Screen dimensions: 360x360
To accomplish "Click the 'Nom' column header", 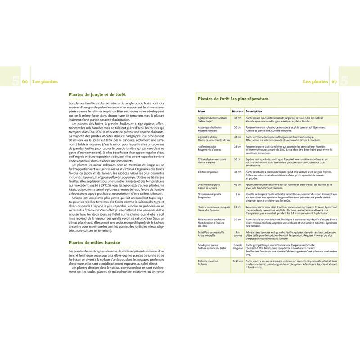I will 201,111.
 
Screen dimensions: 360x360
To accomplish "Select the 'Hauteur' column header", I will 237,111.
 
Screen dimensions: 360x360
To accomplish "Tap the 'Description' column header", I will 254,111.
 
